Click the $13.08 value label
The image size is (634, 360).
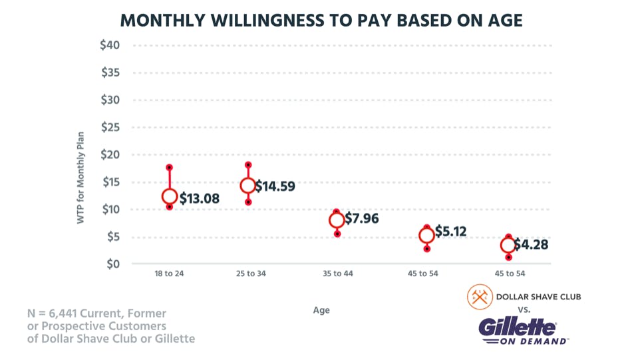click(x=200, y=198)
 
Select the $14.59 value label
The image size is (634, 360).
click(x=275, y=186)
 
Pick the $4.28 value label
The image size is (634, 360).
click(x=531, y=244)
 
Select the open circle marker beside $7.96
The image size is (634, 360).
click(x=337, y=220)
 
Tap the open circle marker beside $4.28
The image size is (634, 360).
click(x=508, y=246)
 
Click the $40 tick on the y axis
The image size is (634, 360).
click(x=110, y=45)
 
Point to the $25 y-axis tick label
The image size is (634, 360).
click(x=110, y=127)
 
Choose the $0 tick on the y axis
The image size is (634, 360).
click(x=112, y=264)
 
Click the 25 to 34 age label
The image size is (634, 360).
click(x=251, y=275)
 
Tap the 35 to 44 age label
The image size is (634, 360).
click(x=337, y=275)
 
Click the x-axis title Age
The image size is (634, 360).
click(x=321, y=310)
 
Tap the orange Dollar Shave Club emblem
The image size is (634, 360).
click(x=478, y=297)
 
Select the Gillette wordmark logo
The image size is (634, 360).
click(x=517, y=327)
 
